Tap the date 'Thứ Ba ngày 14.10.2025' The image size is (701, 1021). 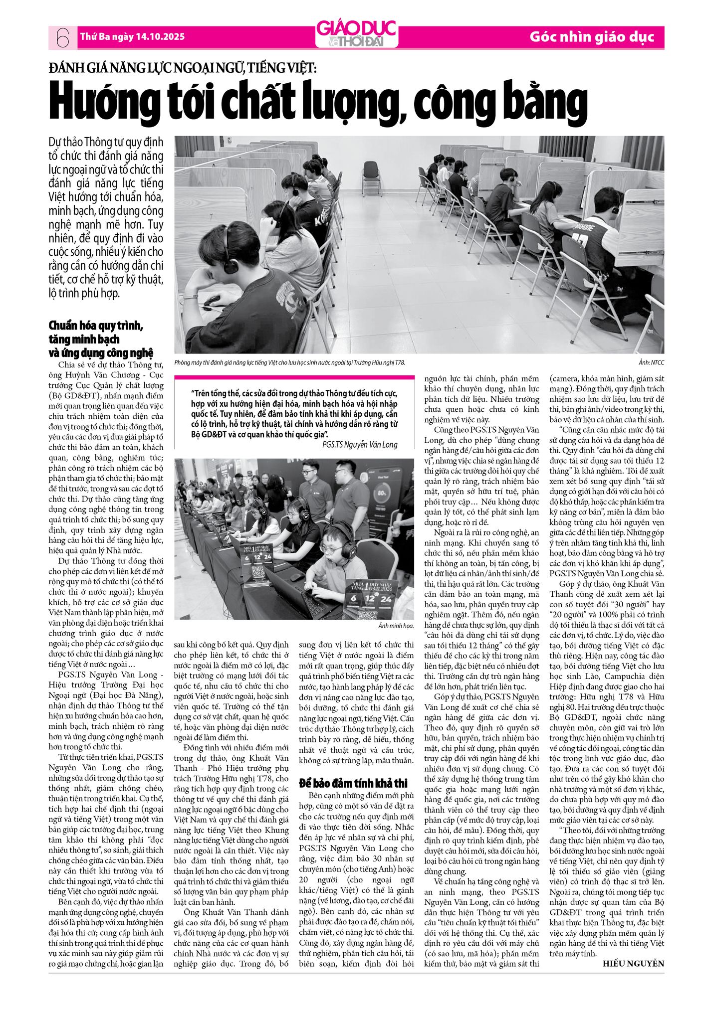coord(132,37)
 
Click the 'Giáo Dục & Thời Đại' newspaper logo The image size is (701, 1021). coord(356,34)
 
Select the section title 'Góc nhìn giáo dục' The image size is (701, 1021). coord(591,37)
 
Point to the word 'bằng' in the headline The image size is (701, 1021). coord(552,102)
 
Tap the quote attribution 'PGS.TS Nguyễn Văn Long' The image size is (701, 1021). coord(359,445)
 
